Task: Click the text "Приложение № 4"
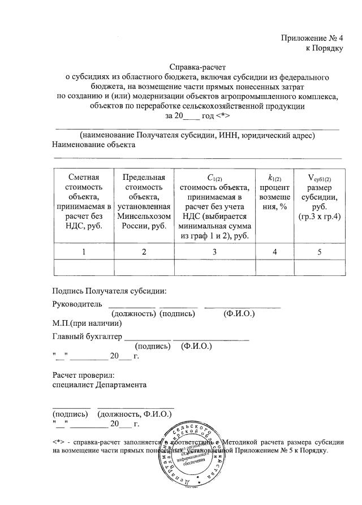coord(312,38)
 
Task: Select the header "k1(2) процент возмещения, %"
coord(274,193)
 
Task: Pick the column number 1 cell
coord(83,252)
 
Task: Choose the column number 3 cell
coord(215,252)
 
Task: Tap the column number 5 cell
coord(320,252)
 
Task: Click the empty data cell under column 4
coord(274,267)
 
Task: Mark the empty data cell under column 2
coord(144,267)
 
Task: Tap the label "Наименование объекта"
coord(94,145)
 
